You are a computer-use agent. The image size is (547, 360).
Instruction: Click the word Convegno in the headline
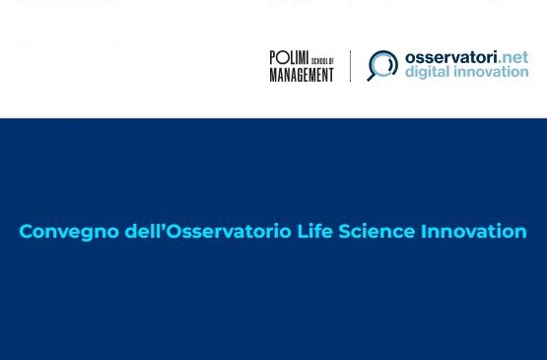click(69, 232)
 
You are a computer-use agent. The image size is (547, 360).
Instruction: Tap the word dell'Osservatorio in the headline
click(208, 231)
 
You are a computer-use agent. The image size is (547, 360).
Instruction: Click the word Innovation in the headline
click(474, 231)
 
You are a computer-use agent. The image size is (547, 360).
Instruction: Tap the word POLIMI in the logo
click(289, 57)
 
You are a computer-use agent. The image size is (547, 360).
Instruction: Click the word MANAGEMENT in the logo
click(302, 75)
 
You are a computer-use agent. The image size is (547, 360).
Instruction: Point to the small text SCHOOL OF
click(322, 61)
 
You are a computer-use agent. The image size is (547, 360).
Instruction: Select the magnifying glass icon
click(382, 65)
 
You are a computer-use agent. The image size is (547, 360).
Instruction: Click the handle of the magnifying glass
click(372, 77)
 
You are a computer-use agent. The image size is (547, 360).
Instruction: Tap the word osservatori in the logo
click(450, 57)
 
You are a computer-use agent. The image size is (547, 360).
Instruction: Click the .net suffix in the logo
click(513, 58)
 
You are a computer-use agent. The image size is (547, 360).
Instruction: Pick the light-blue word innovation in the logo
click(490, 72)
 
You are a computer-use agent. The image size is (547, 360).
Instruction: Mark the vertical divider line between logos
click(350, 66)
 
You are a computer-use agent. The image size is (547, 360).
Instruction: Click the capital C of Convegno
click(26, 232)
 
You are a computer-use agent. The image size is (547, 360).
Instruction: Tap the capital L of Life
click(303, 232)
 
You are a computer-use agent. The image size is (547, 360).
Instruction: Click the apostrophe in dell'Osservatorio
click(163, 226)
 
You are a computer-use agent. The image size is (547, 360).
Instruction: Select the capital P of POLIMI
click(274, 57)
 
